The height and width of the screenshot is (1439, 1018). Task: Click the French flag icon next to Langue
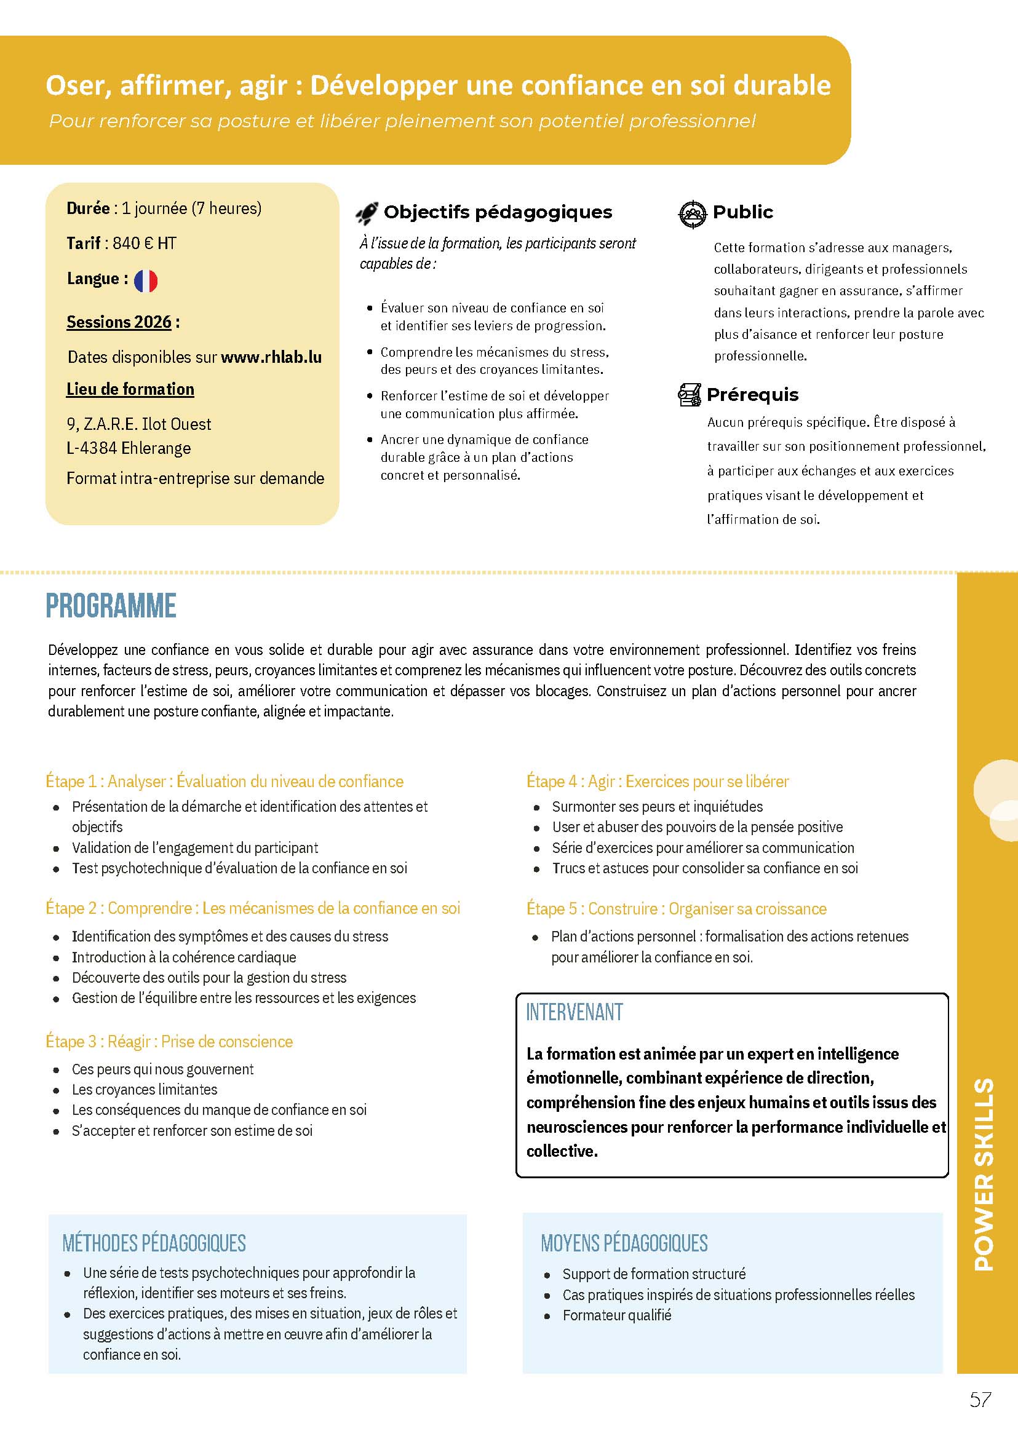coord(145,280)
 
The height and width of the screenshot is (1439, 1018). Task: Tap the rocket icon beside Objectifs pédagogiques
coord(367,213)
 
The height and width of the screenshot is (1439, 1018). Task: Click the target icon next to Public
coord(692,214)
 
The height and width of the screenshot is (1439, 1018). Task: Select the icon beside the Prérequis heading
coord(689,395)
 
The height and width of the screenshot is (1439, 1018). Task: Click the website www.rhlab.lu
coord(271,357)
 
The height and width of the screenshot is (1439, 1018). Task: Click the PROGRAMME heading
coord(111,606)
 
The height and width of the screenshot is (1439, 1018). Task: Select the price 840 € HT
coord(144,243)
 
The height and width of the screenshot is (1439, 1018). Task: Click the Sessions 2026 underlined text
coord(119,322)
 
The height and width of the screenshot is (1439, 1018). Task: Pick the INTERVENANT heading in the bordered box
coord(574,1012)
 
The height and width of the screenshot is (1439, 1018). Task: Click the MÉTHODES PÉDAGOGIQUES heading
coord(154,1243)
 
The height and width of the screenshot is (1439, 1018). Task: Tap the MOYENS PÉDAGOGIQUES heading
coord(624,1243)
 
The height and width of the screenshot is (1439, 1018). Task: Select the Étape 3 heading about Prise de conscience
coord(169,1042)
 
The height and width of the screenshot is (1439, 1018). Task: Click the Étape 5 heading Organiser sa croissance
coord(677,909)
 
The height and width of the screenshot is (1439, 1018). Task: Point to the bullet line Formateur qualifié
coord(616,1315)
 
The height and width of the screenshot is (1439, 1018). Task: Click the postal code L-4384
coord(92,448)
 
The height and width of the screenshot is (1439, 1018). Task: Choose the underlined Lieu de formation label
coord(130,389)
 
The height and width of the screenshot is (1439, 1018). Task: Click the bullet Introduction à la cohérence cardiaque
coord(184,957)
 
